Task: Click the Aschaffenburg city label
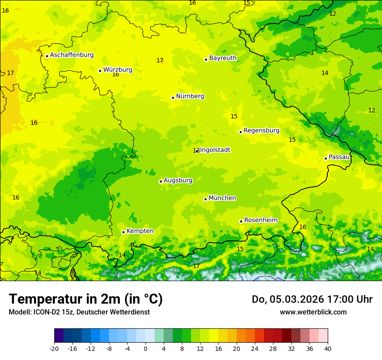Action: (x=72, y=55)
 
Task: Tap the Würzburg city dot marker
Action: (x=100, y=71)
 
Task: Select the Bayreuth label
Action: (x=223, y=58)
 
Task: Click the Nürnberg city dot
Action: (x=173, y=98)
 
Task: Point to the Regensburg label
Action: (x=261, y=131)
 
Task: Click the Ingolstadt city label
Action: (x=215, y=150)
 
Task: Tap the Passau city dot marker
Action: (x=326, y=158)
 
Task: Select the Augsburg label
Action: (x=178, y=180)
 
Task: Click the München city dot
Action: (x=205, y=199)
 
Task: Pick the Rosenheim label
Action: (x=260, y=220)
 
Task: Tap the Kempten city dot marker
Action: (x=123, y=232)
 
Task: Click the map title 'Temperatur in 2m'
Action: (x=86, y=299)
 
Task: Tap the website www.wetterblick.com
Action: (x=313, y=312)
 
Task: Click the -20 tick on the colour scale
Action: (x=54, y=348)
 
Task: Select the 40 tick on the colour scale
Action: (x=327, y=348)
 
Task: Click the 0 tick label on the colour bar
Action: (x=145, y=348)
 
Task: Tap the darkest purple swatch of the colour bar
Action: (x=59, y=336)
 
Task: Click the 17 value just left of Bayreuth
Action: (x=160, y=61)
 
